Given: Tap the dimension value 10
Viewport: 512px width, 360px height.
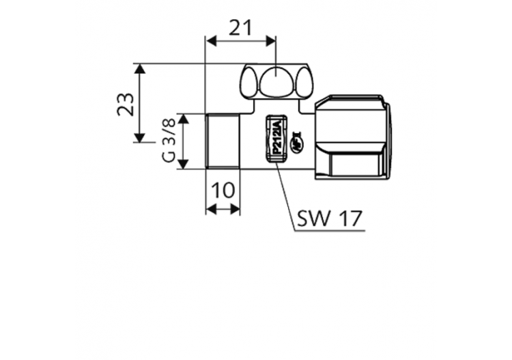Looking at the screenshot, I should [223, 191].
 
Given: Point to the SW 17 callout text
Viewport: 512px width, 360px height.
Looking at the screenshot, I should [330, 219].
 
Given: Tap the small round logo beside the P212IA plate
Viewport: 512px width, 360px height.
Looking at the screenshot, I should [298, 141].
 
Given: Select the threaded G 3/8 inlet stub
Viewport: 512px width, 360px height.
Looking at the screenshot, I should [223, 141].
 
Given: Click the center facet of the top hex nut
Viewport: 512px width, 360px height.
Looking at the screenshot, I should [275, 83].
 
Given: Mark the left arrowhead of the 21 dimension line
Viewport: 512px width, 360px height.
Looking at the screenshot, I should [210, 42].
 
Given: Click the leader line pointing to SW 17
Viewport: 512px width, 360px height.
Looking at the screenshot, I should [285, 195].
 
